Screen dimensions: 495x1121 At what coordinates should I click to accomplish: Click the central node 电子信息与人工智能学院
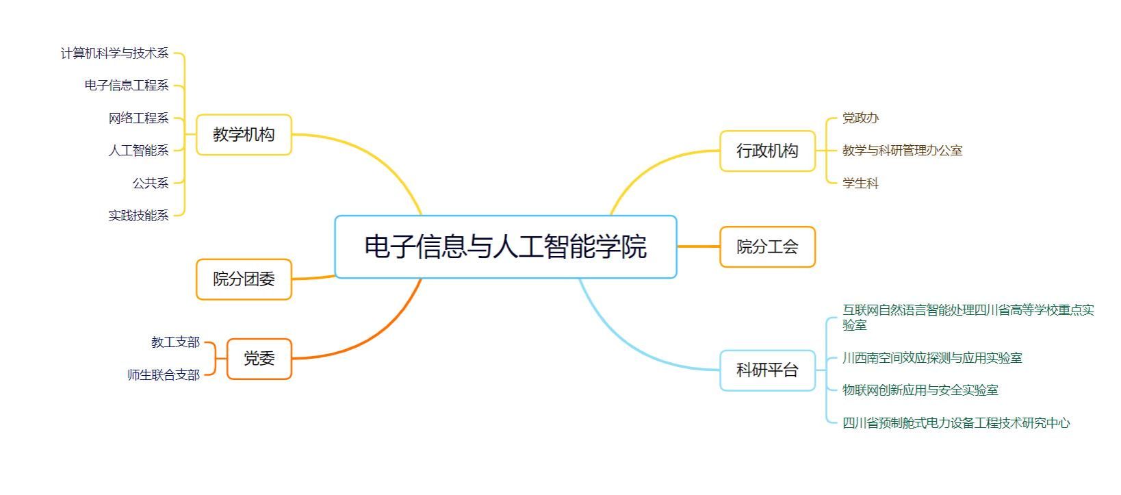point(505,246)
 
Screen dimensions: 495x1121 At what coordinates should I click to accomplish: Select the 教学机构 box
point(244,134)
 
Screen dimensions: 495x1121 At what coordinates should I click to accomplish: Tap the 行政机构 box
point(767,151)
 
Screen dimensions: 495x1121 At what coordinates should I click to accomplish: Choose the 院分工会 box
point(767,246)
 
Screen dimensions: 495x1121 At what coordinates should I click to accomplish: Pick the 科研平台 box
point(767,370)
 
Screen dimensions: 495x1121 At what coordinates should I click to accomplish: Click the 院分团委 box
point(244,279)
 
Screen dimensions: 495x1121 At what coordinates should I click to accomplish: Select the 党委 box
point(259,359)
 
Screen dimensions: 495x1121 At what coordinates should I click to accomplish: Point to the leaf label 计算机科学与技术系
point(114,53)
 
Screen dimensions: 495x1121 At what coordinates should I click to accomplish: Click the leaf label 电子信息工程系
point(127,86)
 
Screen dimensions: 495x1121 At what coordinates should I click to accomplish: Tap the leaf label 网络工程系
point(138,118)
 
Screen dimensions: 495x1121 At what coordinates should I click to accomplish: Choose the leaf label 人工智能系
point(138,151)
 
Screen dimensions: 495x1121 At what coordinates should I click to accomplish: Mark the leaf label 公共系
point(151,183)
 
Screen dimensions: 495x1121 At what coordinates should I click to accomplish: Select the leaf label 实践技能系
point(138,216)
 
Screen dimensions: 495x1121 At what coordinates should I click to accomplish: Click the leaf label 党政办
point(860,118)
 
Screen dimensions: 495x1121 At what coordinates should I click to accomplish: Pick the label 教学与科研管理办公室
point(902,151)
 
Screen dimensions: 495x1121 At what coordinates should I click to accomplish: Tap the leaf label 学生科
point(860,183)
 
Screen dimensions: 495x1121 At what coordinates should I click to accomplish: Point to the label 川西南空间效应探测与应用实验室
point(932,357)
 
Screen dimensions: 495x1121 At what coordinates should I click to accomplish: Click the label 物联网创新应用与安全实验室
point(920,390)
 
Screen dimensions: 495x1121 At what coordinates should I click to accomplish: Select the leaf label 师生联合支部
point(164,375)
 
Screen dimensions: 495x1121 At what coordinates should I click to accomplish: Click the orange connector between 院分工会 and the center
point(698,246)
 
